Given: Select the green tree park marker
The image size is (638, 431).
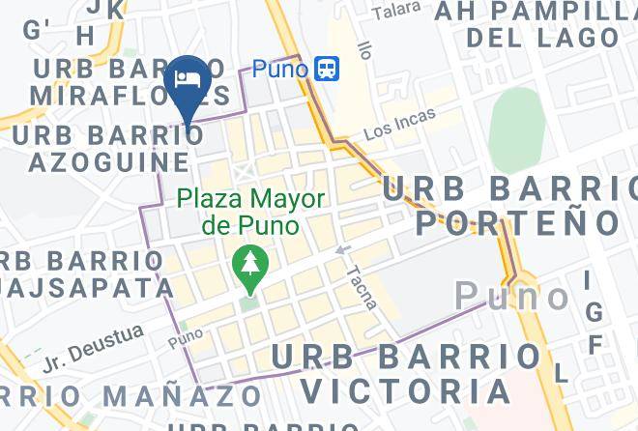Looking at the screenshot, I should click(250, 267).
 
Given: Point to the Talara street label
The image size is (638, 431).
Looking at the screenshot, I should click(397, 12).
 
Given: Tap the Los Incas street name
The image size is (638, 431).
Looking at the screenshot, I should click(399, 124).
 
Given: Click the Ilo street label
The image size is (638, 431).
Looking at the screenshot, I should click(363, 48).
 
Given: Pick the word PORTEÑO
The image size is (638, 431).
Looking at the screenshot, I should click(517, 222).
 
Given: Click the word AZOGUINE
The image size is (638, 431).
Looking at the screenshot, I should click(108, 160).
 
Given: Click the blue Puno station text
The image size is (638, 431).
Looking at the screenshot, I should click(279, 69).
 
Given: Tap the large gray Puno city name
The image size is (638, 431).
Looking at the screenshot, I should click(512, 295).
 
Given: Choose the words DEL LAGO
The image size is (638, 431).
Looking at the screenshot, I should click(541, 39).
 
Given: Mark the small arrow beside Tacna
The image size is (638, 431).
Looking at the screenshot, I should click(341, 251).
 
